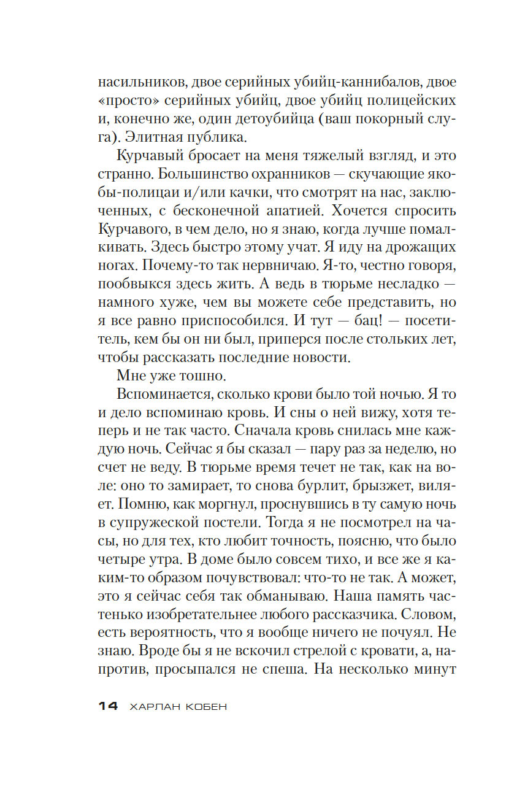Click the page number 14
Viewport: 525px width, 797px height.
(x=108, y=707)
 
